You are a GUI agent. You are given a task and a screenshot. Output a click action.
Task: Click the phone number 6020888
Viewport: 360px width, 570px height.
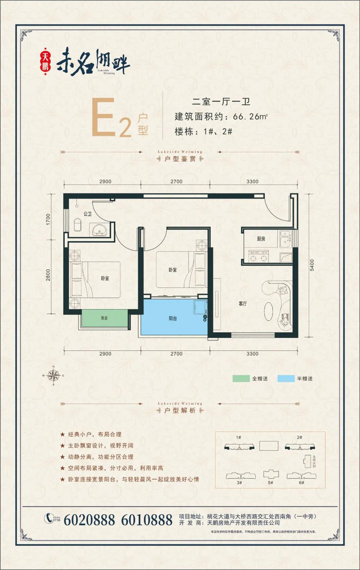coord(92,520)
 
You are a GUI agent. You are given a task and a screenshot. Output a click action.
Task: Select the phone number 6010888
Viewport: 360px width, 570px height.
coord(147,520)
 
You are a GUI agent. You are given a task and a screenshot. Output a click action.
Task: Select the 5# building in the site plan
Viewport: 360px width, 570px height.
coord(270,475)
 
